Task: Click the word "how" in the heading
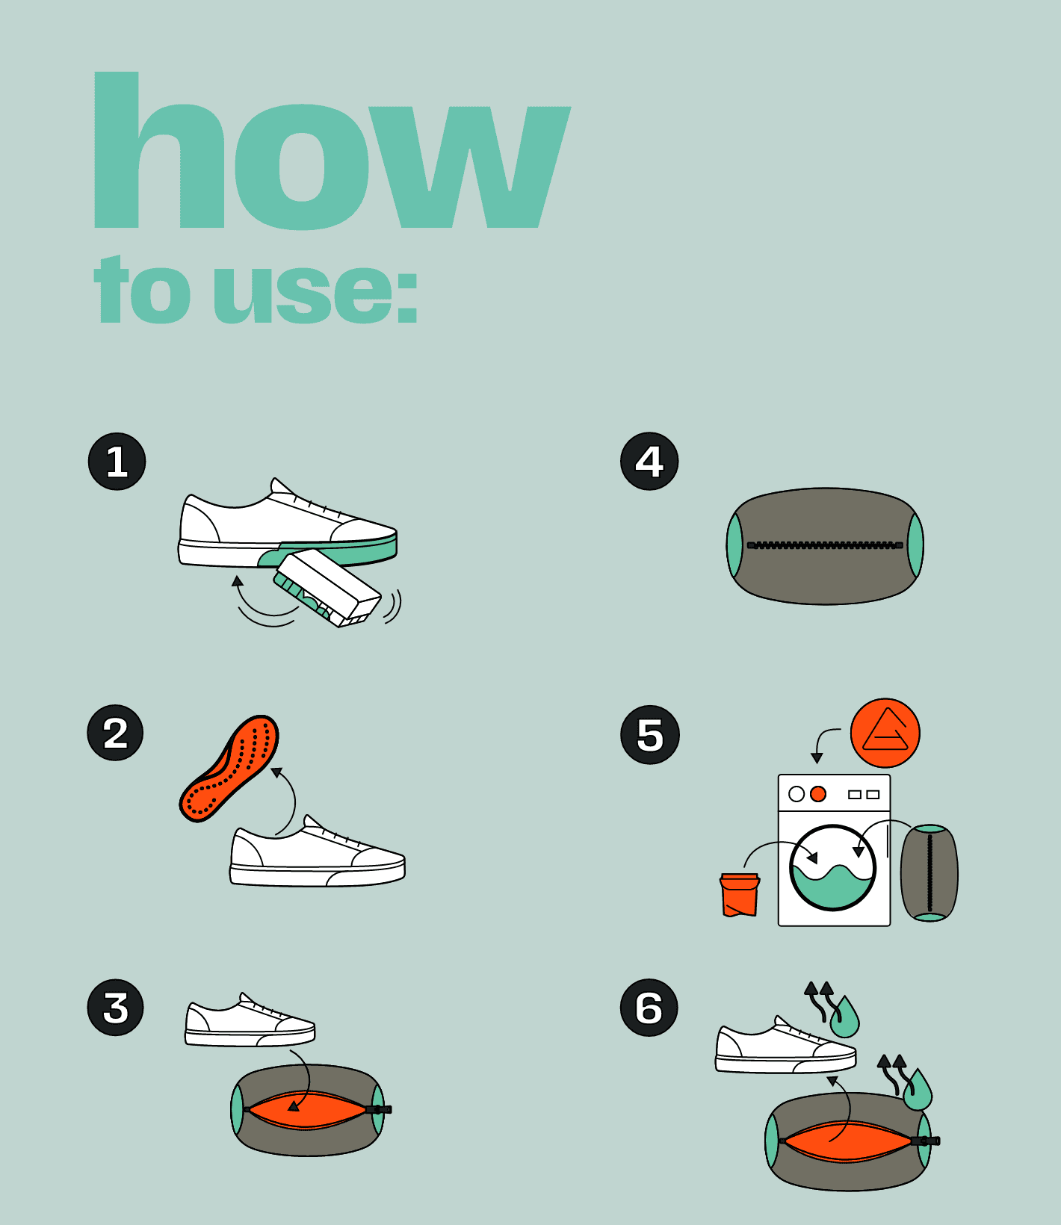click(332, 149)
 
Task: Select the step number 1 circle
click(117, 462)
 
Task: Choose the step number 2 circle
click(116, 734)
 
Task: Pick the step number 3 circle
click(116, 1008)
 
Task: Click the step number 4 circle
click(649, 462)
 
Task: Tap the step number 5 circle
click(650, 735)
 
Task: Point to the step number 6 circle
click(649, 1008)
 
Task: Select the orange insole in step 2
click(229, 769)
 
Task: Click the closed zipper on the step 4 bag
click(825, 545)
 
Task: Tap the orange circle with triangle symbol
click(885, 734)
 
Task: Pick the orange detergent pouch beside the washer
click(740, 894)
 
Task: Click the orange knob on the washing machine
click(818, 794)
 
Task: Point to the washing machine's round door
click(832, 868)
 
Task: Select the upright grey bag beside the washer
click(929, 873)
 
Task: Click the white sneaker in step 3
click(250, 1020)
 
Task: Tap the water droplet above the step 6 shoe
click(845, 1017)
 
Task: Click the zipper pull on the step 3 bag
click(380, 1109)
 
